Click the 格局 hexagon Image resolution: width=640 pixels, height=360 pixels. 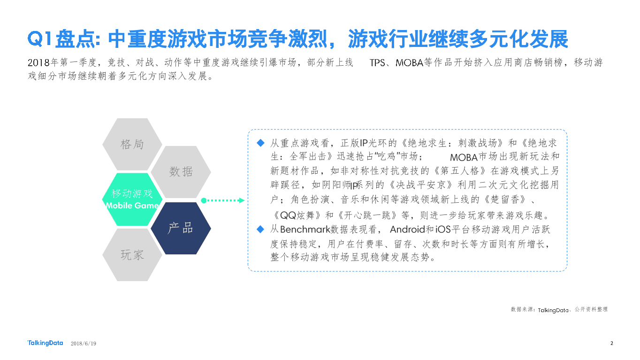click(x=132, y=144)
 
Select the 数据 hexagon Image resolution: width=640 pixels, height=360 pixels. click(x=181, y=172)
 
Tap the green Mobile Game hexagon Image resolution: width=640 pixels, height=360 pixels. click(x=132, y=199)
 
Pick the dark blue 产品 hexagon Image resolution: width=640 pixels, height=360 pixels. click(x=181, y=228)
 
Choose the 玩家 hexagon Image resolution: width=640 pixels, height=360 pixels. click(x=132, y=255)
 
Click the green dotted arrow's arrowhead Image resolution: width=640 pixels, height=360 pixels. click(x=242, y=200)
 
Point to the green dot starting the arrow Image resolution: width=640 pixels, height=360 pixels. click(x=204, y=200)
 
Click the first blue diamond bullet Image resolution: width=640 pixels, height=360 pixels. click(x=261, y=142)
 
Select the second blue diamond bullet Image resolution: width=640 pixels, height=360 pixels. click(x=261, y=229)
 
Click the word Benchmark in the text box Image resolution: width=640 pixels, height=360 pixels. click(x=305, y=230)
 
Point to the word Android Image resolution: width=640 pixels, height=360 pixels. click(x=407, y=230)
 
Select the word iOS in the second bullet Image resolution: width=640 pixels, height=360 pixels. click(x=443, y=230)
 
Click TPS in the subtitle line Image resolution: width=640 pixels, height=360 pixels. click(x=377, y=63)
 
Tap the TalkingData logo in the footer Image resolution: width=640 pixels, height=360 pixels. click(x=45, y=343)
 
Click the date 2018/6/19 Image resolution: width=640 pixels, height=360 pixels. click(x=83, y=344)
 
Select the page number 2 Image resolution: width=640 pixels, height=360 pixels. click(x=611, y=343)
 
